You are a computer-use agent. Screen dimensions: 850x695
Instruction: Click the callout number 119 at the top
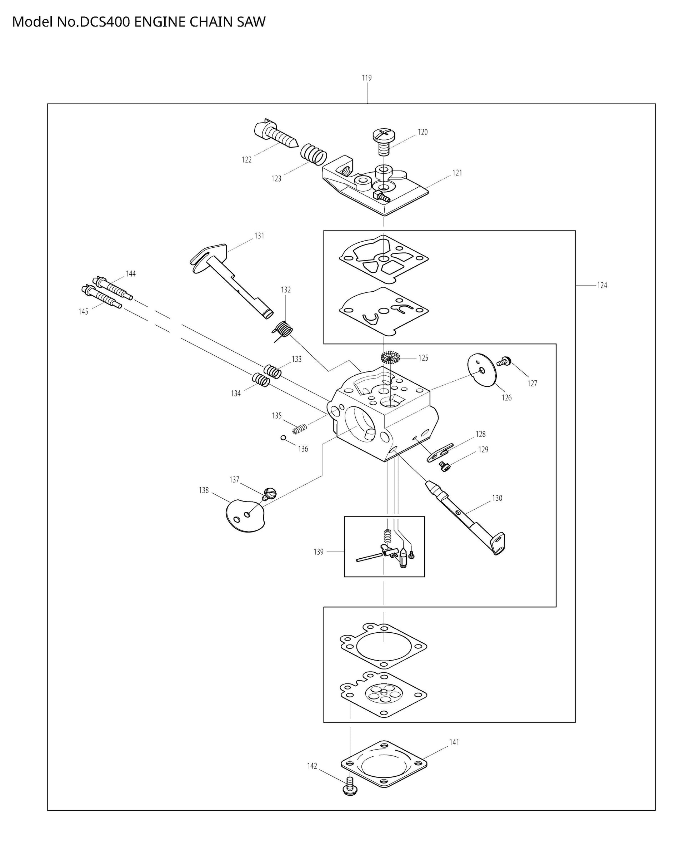point(366,78)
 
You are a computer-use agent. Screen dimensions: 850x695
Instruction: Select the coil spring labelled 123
point(314,153)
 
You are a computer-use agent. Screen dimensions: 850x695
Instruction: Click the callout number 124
point(602,285)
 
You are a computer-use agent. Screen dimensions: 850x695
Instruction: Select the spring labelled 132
point(283,330)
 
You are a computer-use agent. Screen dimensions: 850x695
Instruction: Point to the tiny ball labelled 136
point(283,438)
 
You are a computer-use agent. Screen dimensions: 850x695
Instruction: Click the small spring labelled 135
point(299,429)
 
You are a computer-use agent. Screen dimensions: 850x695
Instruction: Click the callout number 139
point(318,552)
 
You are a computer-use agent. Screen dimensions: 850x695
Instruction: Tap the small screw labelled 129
point(444,465)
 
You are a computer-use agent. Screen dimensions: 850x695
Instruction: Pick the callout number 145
point(83,312)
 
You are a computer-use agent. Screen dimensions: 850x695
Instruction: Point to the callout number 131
point(259,236)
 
